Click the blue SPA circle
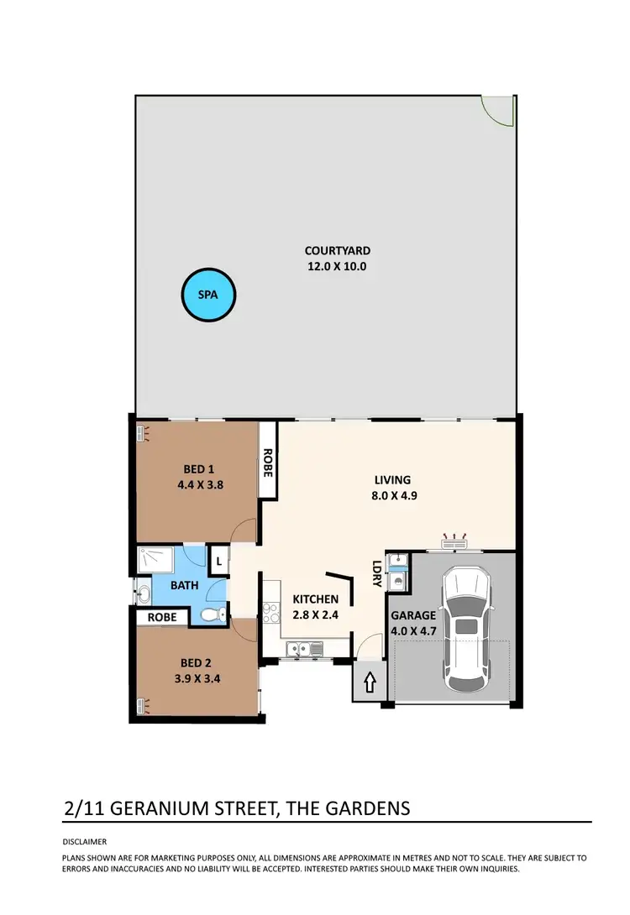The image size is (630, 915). click(209, 295)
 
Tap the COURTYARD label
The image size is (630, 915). click(337, 250)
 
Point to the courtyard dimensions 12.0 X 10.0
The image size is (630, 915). click(337, 267)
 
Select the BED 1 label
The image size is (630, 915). click(198, 469)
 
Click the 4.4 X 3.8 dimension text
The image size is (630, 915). click(198, 484)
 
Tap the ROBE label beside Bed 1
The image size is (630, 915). click(267, 462)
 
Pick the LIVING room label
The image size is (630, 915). click(392, 480)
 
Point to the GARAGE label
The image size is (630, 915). click(413, 615)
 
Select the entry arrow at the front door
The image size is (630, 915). click(369, 683)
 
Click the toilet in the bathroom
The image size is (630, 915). click(213, 615)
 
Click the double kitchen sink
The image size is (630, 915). click(303, 648)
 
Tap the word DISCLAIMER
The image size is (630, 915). click(85, 841)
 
